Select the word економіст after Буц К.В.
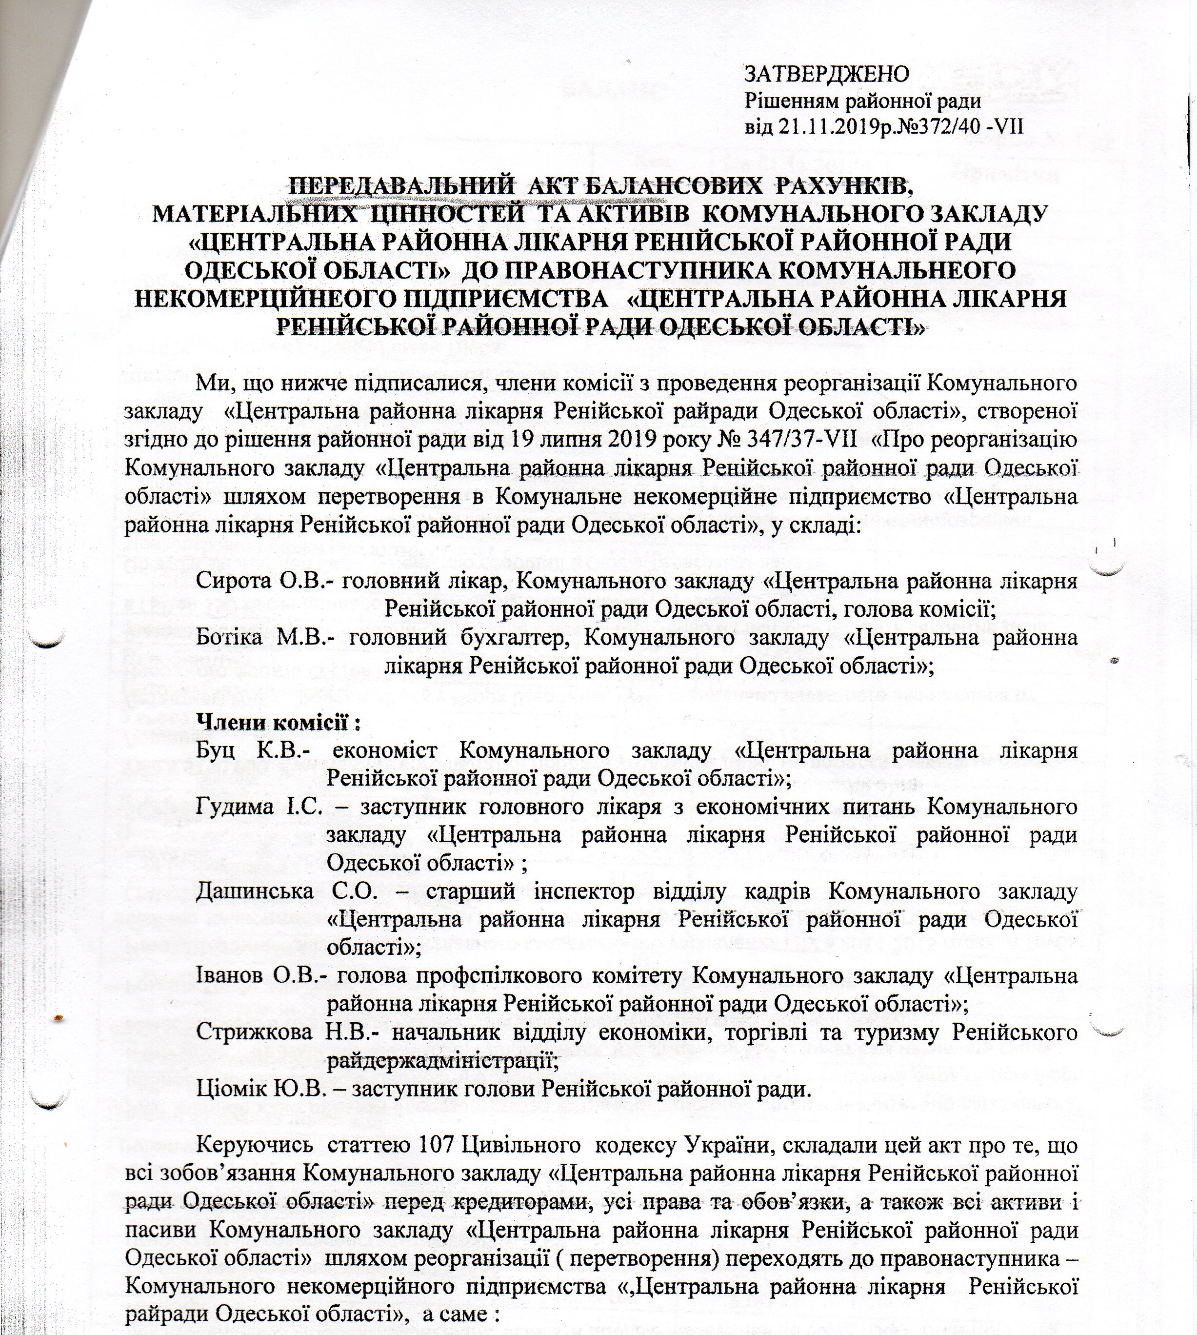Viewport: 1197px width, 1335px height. click(x=385, y=751)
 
